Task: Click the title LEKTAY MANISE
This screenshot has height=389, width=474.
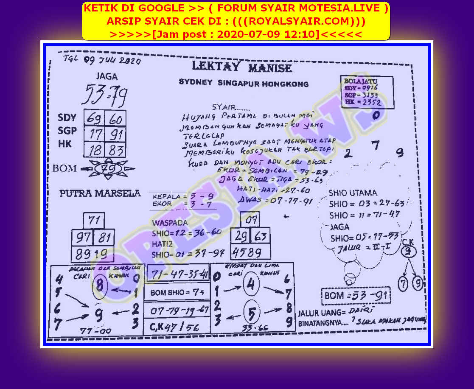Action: click(x=242, y=67)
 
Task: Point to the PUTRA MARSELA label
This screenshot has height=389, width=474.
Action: click(x=100, y=193)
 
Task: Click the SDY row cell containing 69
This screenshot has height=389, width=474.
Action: click(x=94, y=118)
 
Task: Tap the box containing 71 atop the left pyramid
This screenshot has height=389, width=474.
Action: click(x=94, y=221)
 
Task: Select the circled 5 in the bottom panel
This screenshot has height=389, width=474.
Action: click(x=252, y=314)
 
